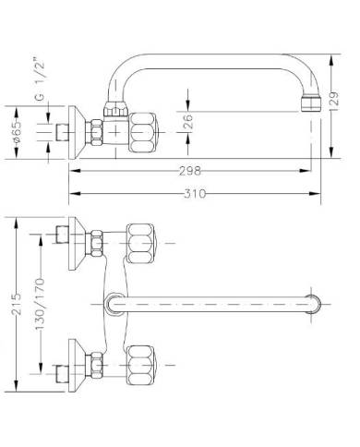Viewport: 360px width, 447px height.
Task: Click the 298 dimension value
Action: click(x=190, y=171)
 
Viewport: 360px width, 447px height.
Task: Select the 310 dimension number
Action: click(x=195, y=194)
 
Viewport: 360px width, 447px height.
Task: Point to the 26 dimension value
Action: click(x=187, y=121)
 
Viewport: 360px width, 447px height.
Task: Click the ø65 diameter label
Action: click(x=18, y=131)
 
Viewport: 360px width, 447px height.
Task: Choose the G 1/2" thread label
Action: click(x=40, y=79)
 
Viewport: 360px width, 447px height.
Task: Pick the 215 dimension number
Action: click(x=17, y=304)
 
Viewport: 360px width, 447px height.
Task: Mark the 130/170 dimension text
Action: click(x=40, y=304)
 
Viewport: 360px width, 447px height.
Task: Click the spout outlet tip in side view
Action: click(x=311, y=103)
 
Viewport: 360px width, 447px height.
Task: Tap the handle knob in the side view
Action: click(x=143, y=132)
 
